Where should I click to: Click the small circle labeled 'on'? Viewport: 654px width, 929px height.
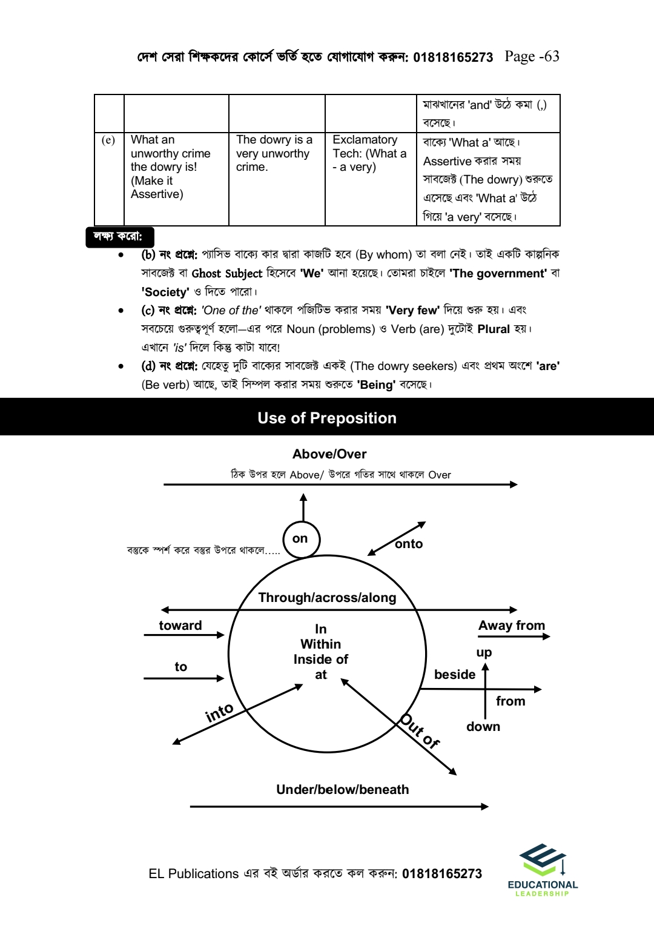301,539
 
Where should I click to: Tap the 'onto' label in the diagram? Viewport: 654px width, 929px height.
409,544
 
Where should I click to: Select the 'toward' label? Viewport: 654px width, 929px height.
180,626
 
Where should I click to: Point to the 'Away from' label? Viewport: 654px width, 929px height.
512,626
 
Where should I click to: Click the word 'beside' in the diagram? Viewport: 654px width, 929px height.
455,675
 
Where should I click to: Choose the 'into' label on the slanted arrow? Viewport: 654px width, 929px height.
219,712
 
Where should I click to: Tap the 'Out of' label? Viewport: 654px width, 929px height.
419,731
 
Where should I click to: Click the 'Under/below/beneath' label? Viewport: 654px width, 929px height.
342,790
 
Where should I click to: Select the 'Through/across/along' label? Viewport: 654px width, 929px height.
327,598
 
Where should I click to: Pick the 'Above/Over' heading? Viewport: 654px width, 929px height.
329,454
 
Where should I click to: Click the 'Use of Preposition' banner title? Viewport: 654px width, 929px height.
327,418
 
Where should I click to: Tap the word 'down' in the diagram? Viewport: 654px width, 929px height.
483,727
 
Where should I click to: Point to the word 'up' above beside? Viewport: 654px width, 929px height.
484,653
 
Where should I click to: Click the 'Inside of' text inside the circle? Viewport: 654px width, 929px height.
321,660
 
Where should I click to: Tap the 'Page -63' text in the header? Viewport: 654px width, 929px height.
532,56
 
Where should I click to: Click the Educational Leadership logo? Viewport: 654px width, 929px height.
543,870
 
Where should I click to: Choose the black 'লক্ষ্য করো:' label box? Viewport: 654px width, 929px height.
119,236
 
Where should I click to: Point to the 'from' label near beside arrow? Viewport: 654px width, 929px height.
510,701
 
